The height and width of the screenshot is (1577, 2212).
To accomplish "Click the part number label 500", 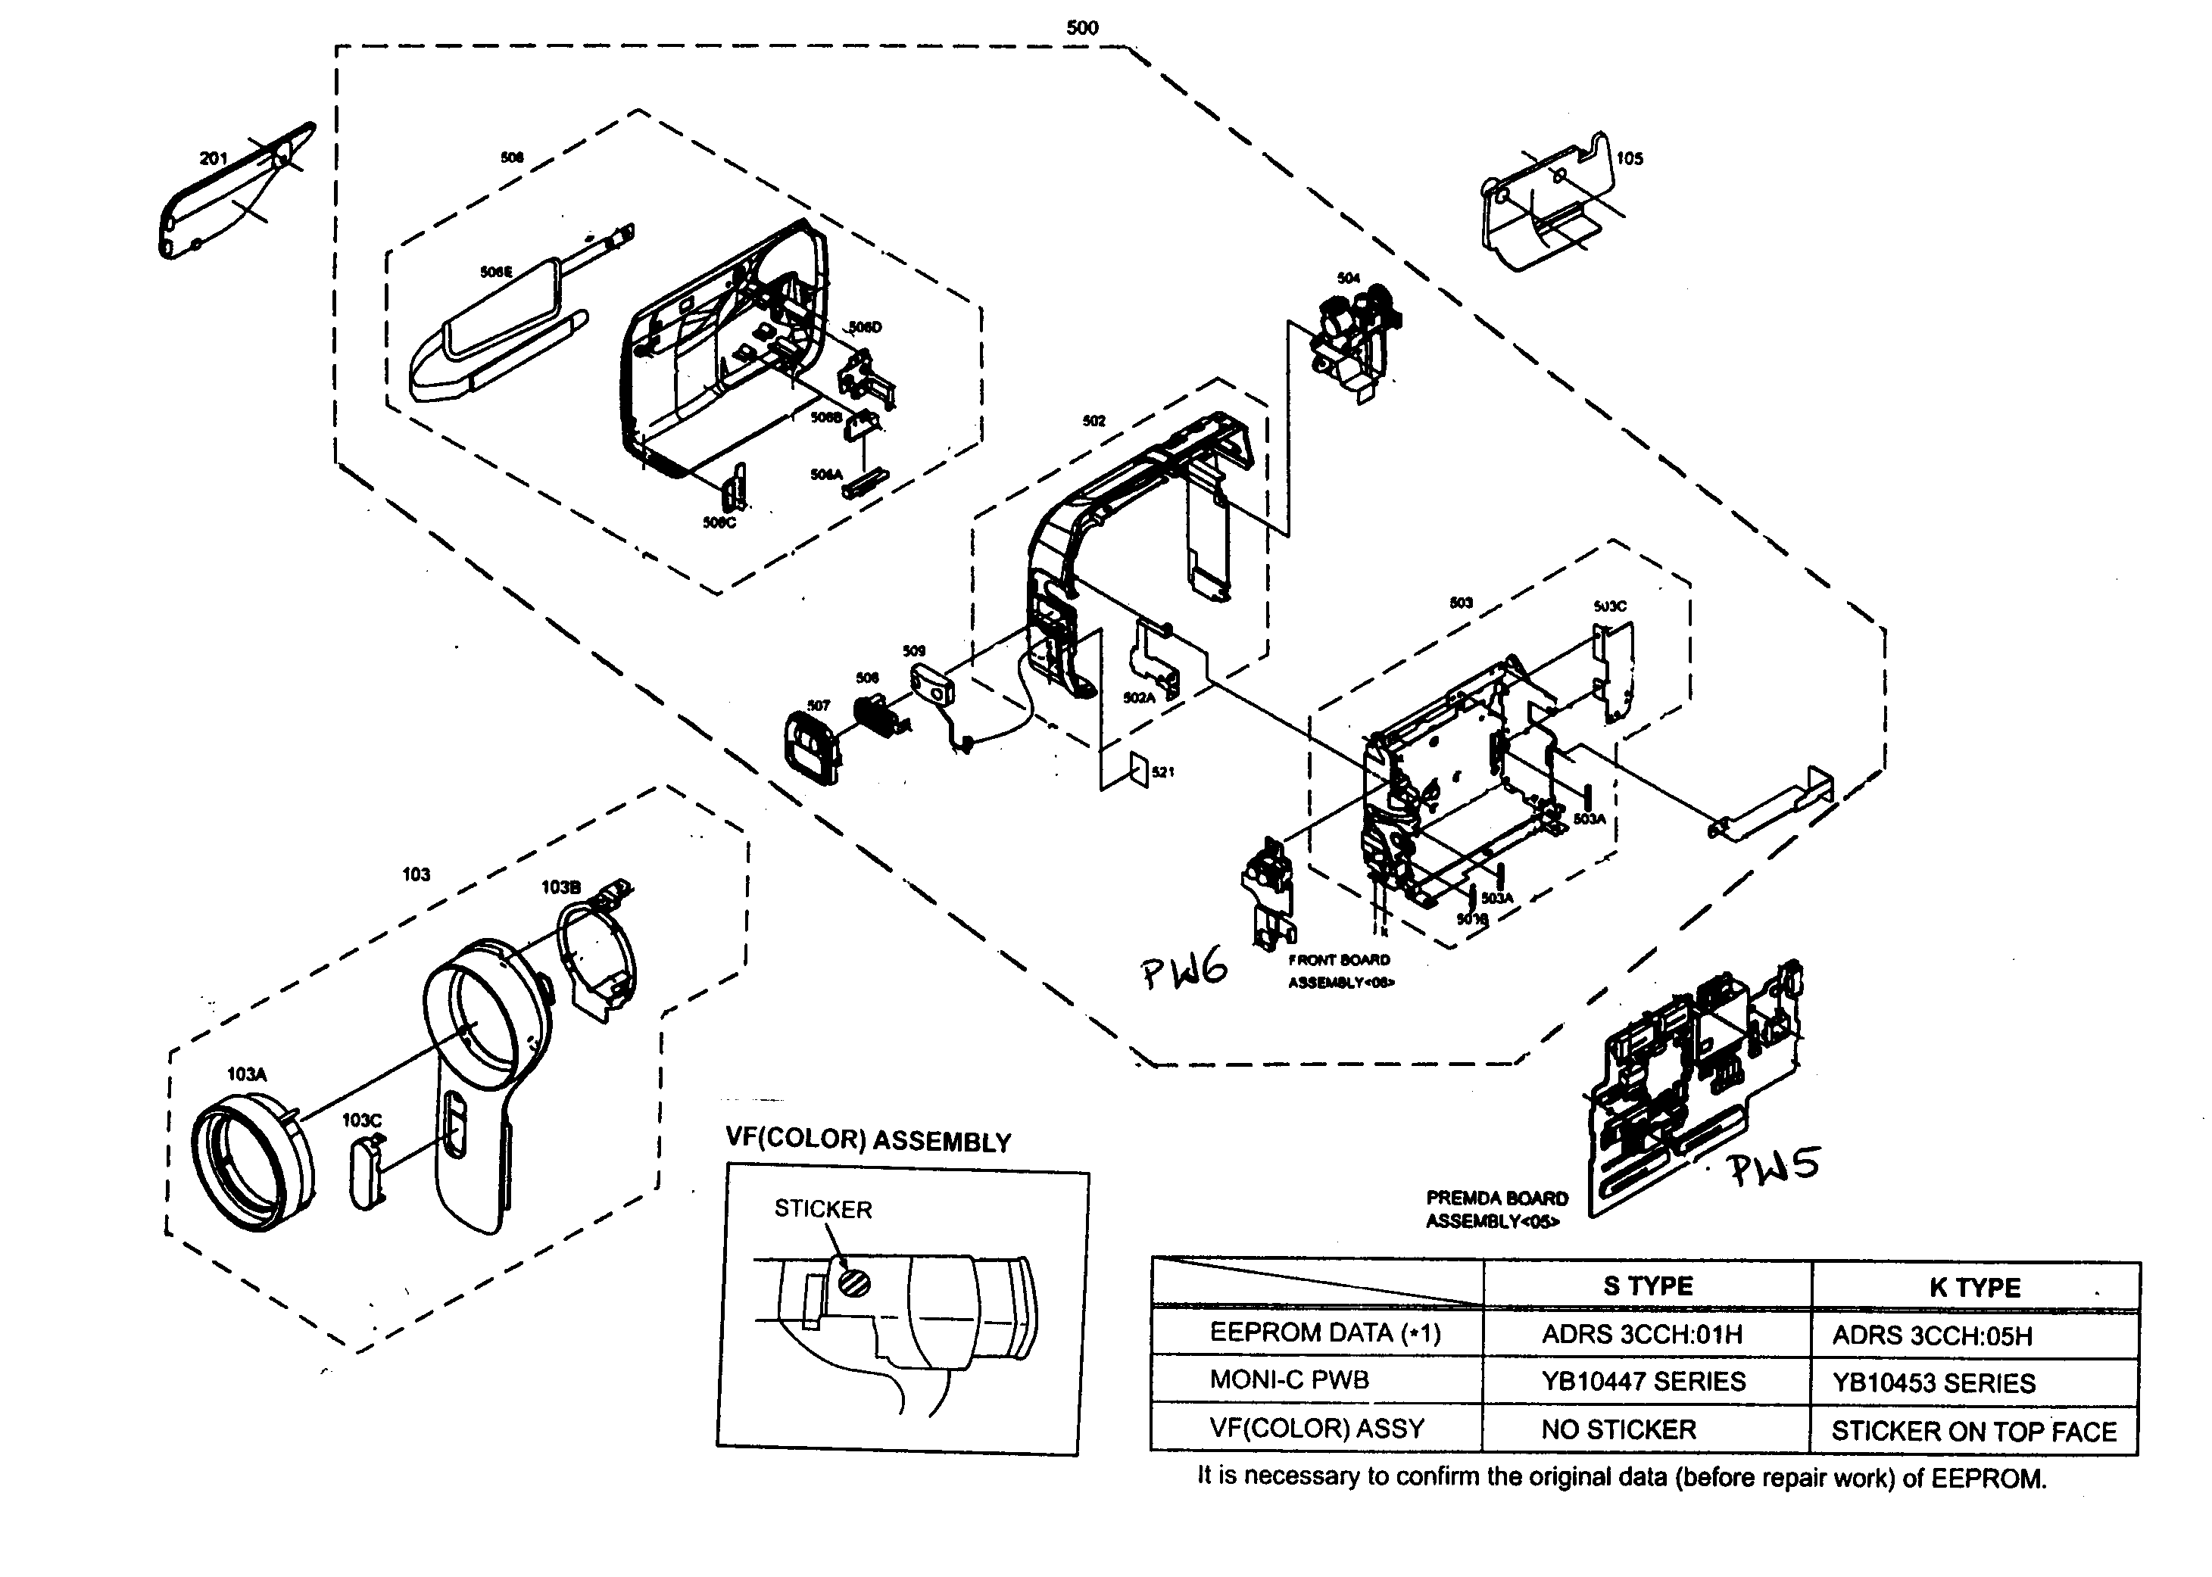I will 1081,28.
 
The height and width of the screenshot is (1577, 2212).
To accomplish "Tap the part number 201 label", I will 213,158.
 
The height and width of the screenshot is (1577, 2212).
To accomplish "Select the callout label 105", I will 1630,158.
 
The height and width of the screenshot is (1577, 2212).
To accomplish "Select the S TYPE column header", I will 1648,1286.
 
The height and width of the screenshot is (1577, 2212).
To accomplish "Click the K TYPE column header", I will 1974,1288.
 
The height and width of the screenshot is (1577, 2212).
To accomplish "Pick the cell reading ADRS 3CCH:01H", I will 1642,1334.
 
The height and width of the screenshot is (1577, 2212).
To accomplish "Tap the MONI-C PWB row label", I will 1289,1380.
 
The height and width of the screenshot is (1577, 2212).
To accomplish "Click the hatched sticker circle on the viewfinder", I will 854,1282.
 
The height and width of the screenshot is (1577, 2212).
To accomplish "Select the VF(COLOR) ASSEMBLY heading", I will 868,1141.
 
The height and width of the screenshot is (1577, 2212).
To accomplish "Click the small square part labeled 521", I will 1138,770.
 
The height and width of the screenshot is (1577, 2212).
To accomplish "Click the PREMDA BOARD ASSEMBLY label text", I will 1496,1209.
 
